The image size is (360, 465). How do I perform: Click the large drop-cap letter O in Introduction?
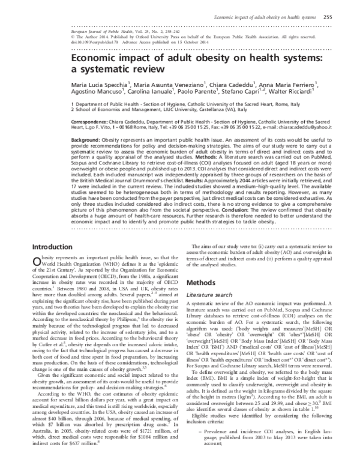click(37, 279)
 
